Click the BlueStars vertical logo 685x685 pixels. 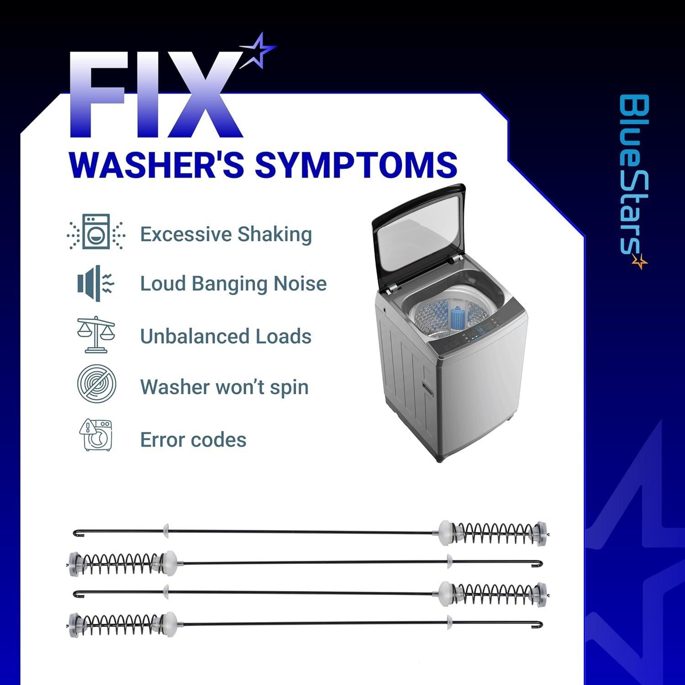634,181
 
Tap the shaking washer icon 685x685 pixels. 96,232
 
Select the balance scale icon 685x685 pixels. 96,334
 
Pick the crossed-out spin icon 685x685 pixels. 96,384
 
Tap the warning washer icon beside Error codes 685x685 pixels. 96,435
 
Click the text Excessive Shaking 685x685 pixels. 226,234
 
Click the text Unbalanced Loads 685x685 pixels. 226,337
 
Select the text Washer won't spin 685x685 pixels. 224,387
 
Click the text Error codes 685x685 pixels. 193,440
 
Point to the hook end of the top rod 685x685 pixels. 77,532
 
